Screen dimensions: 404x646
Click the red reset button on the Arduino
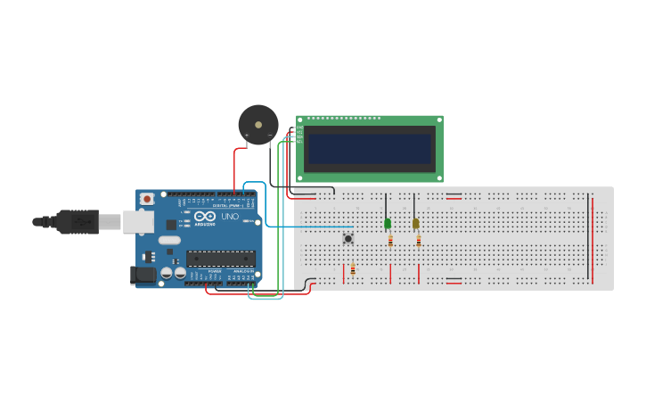point(146,198)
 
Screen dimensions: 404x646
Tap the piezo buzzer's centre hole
point(258,124)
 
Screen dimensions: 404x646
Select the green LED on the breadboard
point(388,223)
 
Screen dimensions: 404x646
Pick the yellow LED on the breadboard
point(416,223)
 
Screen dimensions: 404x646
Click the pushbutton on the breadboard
point(348,238)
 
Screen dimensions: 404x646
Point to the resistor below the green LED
point(390,240)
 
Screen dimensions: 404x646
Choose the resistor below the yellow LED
point(419,240)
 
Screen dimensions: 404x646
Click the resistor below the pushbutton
point(353,268)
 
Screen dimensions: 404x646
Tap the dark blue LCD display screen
point(370,148)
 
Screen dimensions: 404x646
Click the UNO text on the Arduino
point(229,217)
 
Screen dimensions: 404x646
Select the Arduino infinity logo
point(204,217)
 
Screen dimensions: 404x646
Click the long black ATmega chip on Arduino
point(221,259)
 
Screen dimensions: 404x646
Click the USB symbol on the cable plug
point(82,221)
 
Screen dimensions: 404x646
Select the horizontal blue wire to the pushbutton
point(303,227)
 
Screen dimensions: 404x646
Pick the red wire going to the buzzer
point(235,169)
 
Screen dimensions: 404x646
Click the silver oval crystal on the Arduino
point(169,240)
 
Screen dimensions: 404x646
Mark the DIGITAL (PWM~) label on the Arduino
point(225,205)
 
